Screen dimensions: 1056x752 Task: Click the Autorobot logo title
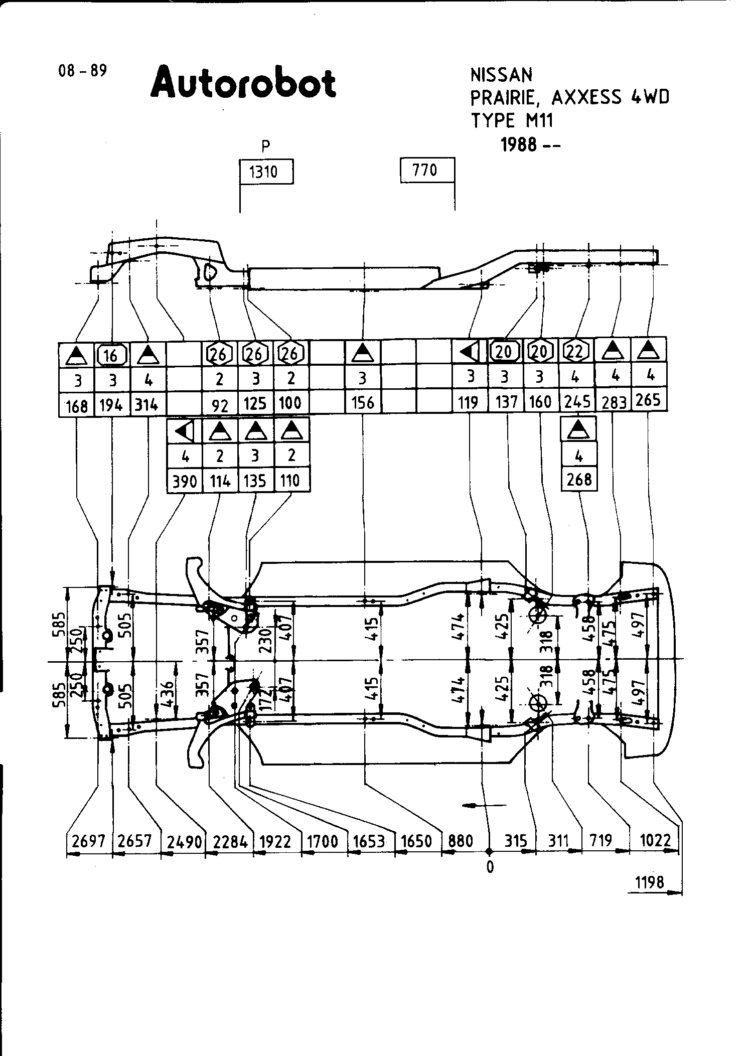click(x=243, y=83)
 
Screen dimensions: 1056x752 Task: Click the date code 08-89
click(x=83, y=71)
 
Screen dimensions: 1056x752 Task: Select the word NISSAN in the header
click(x=501, y=75)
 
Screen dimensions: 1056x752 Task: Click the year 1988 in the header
click(x=520, y=145)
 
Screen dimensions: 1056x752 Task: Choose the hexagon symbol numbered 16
click(x=111, y=355)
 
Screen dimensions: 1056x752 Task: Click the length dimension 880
click(x=460, y=841)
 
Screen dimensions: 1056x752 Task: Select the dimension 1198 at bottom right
click(x=649, y=882)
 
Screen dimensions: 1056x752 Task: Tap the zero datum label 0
click(x=490, y=867)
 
